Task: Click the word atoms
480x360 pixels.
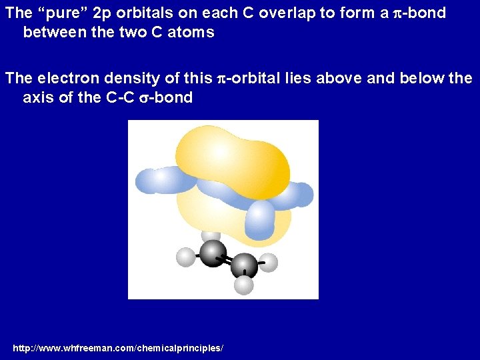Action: coord(191,33)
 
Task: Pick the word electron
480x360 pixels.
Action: coord(68,79)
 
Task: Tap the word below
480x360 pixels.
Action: coord(422,79)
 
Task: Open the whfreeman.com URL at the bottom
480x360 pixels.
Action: coord(118,349)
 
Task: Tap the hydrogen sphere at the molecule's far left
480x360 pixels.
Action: coord(185,256)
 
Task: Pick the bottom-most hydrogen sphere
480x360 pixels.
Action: coord(244,285)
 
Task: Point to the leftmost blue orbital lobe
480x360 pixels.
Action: coord(160,179)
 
